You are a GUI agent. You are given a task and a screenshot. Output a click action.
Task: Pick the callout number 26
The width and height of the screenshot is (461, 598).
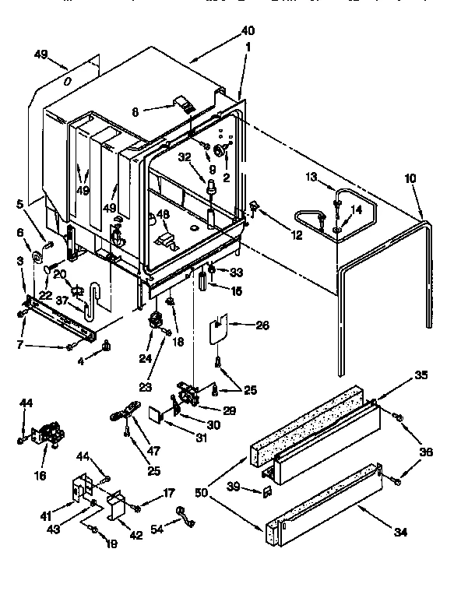[263, 325]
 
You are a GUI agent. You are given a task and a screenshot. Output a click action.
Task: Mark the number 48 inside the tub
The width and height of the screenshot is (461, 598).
[162, 215]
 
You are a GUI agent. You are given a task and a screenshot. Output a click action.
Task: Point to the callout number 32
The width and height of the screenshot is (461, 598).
[183, 156]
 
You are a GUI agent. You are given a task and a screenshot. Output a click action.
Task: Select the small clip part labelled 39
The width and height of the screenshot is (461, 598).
[266, 491]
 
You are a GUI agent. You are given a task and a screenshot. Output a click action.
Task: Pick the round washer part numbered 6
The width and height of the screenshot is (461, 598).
[37, 258]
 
